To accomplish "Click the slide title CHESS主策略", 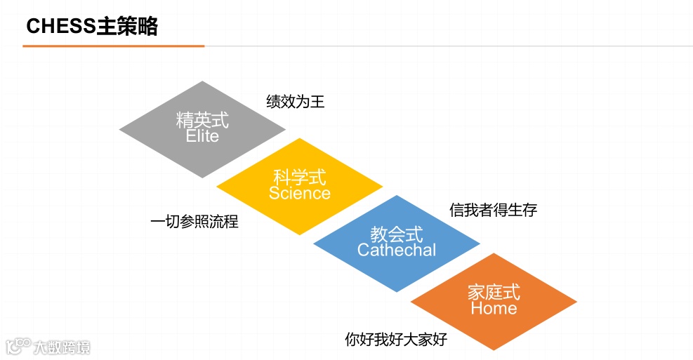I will click(92, 27).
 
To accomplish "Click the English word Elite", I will click(202, 136).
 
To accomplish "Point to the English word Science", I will click(300, 193).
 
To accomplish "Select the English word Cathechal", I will click(397, 250).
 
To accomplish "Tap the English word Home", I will click(494, 308).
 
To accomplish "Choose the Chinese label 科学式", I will click(300, 177).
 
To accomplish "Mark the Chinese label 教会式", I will click(397, 234).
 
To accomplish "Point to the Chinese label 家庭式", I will click(494, 292).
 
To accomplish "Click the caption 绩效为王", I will click(296, 102).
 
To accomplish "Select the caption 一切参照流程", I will click(194, 222).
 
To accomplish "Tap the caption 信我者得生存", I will click(493, 210).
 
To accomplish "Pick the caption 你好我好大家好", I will click(396, 340).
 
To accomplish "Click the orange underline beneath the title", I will click(113, 46).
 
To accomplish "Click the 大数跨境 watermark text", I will click(62, 347).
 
